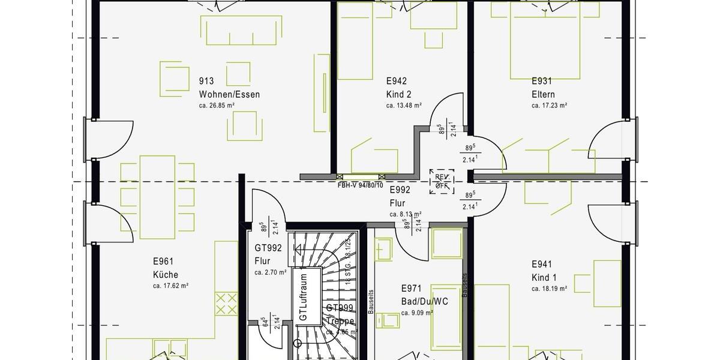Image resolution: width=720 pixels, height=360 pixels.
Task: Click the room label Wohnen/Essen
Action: (229, 94)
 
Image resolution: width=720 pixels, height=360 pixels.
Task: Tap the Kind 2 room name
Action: (398, 94)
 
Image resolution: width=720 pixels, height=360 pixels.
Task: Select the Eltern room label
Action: (543, 94)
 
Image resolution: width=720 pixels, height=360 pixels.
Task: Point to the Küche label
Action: (165, 275)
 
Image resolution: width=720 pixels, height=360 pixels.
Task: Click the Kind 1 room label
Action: (544, 277)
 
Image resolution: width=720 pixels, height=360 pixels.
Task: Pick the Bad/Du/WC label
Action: (424, 301)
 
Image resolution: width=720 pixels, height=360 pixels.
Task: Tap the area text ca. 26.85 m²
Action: (217, 106)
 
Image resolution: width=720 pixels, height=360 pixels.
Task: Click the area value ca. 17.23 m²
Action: (549, 106)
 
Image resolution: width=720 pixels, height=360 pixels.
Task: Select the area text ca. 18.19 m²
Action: (549, 289)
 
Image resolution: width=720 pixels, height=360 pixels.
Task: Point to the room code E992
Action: (400, 190)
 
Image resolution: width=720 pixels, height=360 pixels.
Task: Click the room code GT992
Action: (268, 247)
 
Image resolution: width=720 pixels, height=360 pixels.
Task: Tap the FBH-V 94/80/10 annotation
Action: (361, 185)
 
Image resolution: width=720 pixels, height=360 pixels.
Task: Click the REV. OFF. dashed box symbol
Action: (442, 181)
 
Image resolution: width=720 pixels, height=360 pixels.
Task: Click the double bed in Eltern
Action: (545, 41)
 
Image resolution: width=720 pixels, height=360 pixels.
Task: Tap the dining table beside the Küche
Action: (157, 197)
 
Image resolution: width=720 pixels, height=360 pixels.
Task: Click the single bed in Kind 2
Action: (355, 41)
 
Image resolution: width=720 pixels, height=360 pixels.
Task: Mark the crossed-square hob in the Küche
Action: (226, 303)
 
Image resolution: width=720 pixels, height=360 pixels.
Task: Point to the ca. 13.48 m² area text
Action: (404, 106)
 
